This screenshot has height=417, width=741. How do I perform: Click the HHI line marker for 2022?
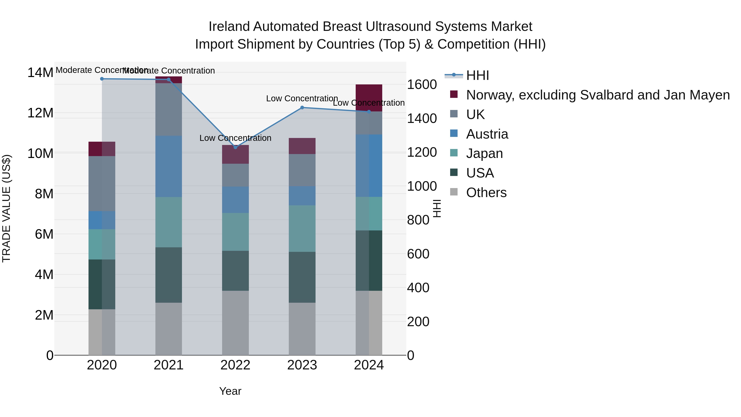(235, 147)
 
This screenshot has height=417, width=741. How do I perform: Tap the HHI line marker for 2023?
(302, 108)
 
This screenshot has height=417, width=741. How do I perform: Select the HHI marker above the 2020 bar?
(102, 79)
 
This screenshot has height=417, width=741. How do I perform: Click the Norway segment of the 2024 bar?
(369, 98)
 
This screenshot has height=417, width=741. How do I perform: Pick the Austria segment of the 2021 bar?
(169, 166)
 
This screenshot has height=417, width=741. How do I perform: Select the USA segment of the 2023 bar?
(302, 277)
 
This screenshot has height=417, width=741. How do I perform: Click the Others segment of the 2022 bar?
(235, 323)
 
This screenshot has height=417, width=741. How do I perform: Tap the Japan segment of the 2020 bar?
(102, 244)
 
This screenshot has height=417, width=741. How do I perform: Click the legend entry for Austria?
(487, 134)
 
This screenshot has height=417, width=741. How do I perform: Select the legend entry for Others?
(486, 193)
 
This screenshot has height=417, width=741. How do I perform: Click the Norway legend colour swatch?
(454, 94)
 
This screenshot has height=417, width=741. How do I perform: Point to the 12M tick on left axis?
(40, 113)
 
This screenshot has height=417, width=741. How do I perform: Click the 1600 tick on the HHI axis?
(422, 85)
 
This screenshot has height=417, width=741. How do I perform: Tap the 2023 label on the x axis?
(302, 365)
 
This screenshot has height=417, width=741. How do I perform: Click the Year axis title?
(230, 391)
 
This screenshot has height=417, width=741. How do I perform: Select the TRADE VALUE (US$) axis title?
(6, 208)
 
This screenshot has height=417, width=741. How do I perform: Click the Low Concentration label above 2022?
(235, 138)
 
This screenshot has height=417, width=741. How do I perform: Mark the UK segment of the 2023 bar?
(302, 170)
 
